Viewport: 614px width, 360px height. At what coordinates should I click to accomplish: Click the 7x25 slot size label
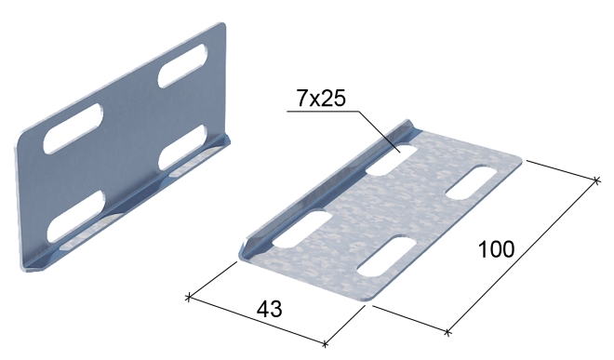[321, 98]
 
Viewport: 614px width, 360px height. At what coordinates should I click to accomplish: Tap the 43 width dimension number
[269, 309]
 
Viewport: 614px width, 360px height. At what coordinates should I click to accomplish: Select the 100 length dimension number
[496, 249]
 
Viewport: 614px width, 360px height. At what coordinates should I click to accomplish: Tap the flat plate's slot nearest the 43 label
[386, 256]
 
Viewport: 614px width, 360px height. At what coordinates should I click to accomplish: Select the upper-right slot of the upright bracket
[182, 65]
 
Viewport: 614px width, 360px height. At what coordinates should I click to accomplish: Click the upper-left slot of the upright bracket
[73, 128]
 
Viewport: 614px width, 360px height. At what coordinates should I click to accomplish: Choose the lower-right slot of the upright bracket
[183, 147]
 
